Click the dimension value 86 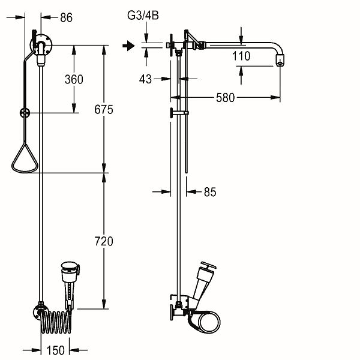tap(67, 17)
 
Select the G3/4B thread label tap(143, 16)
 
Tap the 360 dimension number tap(74, 79)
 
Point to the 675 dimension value tap(104, 110)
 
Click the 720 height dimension tap(104, 241)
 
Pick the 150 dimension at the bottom tap(55, 350)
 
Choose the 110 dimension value tap(241, 56)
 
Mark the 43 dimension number tap(145, 79)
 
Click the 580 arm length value tap(225, 98)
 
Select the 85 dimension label tap(210, 192)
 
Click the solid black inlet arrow tap(128, 46)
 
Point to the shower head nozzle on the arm tap(280, 60)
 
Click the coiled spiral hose tap(56, 322)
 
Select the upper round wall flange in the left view tap(41, 45)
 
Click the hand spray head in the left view tap(70, 284)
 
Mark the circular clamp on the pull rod tap(25, 113)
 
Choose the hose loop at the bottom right tap(205, 322)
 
